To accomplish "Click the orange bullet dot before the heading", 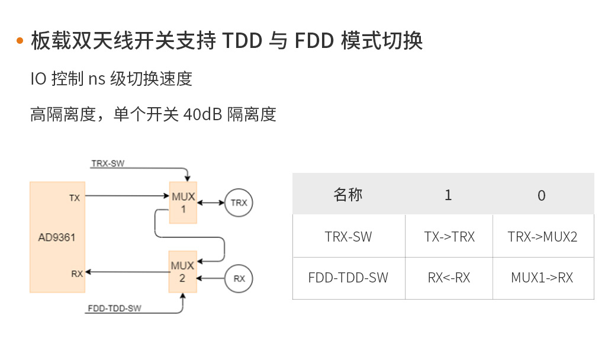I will click(20, 41).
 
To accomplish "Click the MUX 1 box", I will click(183, 202).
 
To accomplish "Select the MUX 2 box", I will click(182, 272).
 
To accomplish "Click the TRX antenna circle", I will click(239, 202).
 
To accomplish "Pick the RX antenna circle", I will click(239, 278).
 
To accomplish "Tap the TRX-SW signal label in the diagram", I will click(108, 163).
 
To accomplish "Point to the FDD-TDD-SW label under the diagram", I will click(114, 308).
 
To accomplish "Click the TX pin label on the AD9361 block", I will click(75, 198).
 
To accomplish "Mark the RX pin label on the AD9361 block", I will click(77, 274).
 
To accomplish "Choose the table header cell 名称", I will click(348, 194).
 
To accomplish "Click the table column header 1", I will click(448, 195).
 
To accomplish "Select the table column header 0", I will click(542, 195).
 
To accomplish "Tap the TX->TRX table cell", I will click(449, 236).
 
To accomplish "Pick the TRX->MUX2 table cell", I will click(542, 236).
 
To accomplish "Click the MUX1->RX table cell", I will click(542, 277).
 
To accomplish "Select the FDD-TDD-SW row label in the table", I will click(348, 277).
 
